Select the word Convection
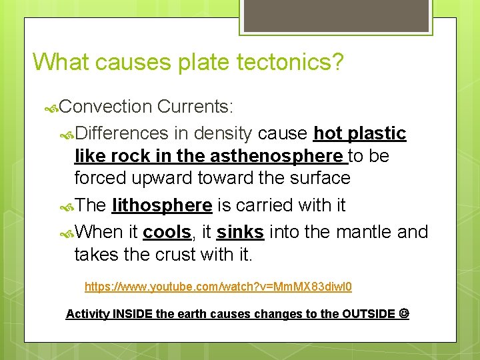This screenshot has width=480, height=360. tap(106, 106)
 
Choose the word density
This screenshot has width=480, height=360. tap(221, 133)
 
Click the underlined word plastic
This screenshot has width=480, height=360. tap(377, 133)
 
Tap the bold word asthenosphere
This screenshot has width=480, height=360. tap(286, 156)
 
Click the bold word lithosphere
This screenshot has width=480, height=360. tap(162, 205)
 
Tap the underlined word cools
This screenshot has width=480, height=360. tap(167, 232)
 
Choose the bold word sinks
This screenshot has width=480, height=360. tap(240, 232)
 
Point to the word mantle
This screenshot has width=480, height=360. tap(364, 232)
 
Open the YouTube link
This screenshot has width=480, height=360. tap(218, 287)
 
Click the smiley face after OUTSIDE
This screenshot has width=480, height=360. tap(404, 313)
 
